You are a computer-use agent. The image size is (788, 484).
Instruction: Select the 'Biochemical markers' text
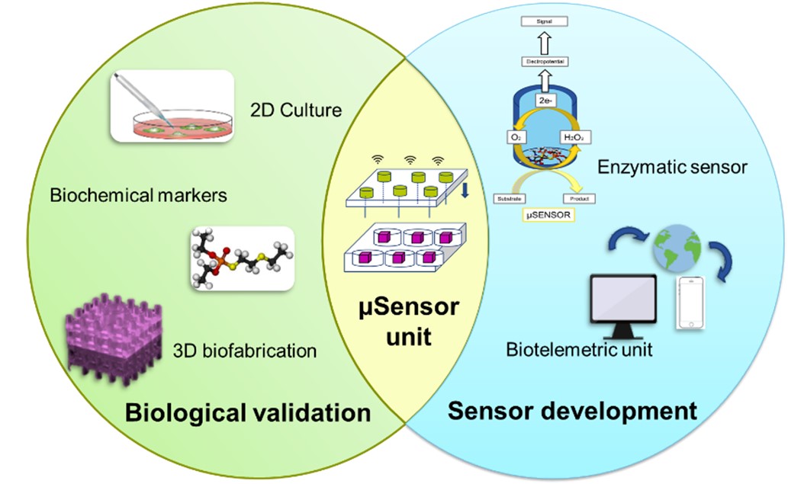139,196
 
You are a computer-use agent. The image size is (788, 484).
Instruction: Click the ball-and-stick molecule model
242,258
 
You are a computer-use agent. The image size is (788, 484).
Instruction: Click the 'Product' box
579,198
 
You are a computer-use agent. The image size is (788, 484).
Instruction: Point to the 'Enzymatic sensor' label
671,167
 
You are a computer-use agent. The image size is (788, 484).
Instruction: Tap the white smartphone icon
688,303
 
